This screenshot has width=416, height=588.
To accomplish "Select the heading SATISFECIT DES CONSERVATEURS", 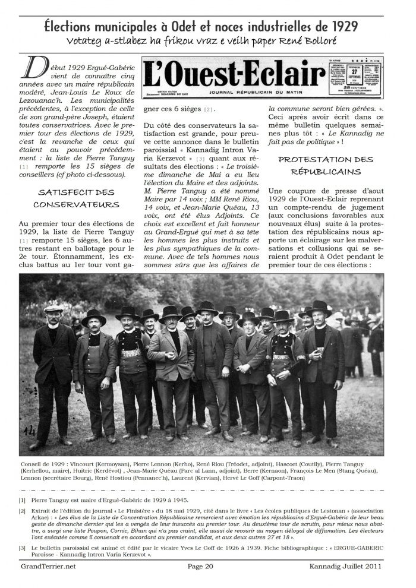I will point(75,198).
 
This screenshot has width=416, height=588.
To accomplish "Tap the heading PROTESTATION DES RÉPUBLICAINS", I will point(326,166).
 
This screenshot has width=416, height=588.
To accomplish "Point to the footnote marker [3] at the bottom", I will point(22,547).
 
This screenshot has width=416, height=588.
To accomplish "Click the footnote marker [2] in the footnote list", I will point(22,510).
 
